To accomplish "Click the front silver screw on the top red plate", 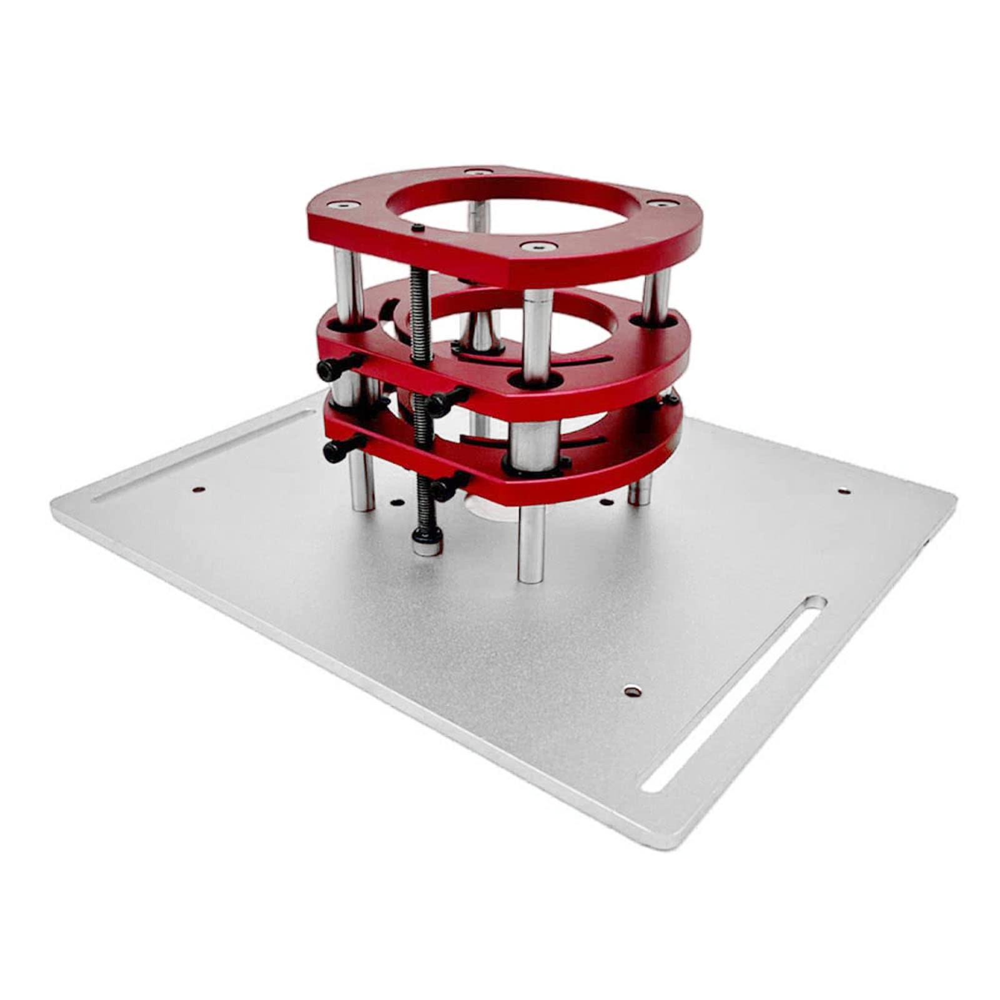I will [x=535, y=247].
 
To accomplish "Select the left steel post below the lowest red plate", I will [x=361, y=484].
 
